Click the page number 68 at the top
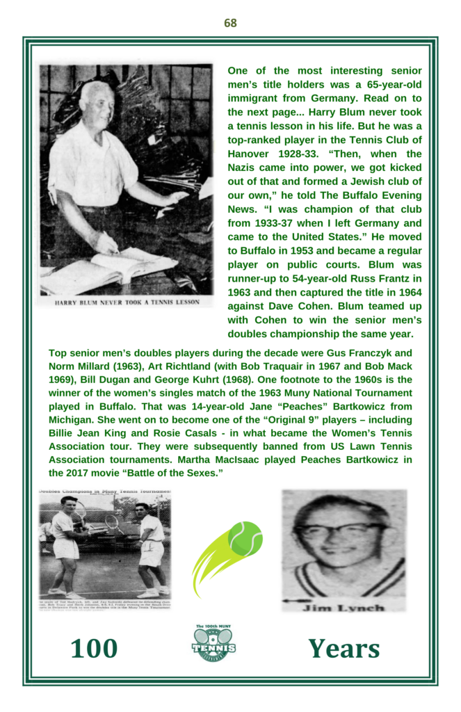[x=230, y=23]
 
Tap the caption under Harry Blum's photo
[x=126, y=302]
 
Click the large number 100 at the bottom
[x=94, y=649]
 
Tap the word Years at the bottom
[x=344, y=649]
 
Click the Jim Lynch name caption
[x=343, y=609]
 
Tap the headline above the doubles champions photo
[x=105, y=492]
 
